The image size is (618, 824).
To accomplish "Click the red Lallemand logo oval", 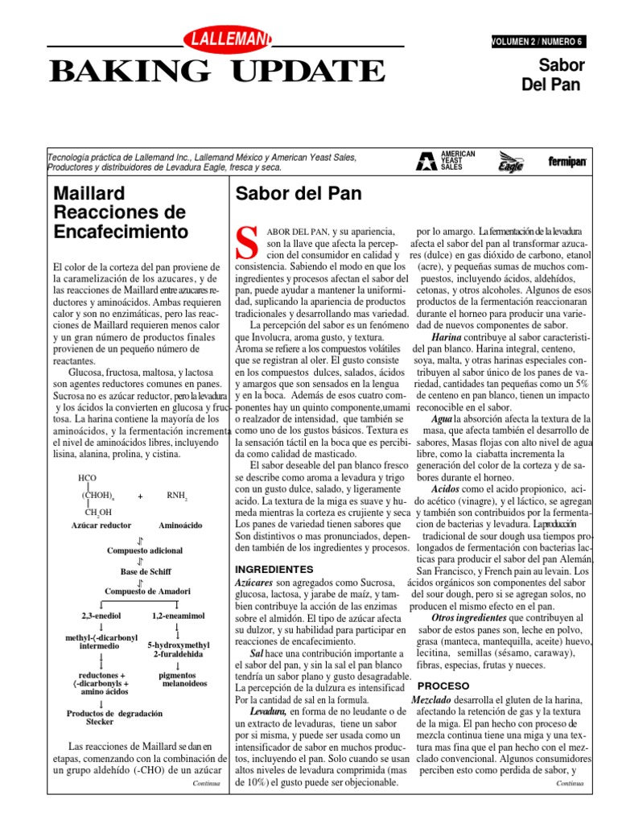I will click(228, 37).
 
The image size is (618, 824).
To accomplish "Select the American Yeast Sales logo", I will click(446, 160).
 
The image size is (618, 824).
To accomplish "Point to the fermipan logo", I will click(567, 162).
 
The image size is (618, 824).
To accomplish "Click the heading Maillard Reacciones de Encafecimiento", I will click(118, 213).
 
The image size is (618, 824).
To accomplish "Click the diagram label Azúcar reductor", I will click(101, 525).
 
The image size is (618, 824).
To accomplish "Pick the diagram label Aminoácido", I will click(180, 525).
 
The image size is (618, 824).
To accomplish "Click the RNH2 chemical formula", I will click(177, 496).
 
